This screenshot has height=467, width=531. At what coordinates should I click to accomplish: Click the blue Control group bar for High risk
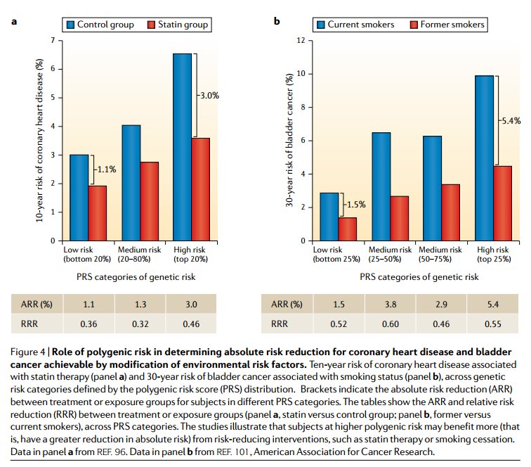click(x=182, y=147)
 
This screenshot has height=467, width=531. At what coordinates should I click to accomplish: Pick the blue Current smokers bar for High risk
click(x=484, y=158)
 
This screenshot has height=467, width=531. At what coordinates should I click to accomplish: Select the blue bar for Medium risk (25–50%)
click(x=380, y=186)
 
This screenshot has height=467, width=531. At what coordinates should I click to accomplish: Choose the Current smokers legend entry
click(x=358, y=25)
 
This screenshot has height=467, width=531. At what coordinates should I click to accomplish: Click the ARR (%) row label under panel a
click(x=37, y=305)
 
